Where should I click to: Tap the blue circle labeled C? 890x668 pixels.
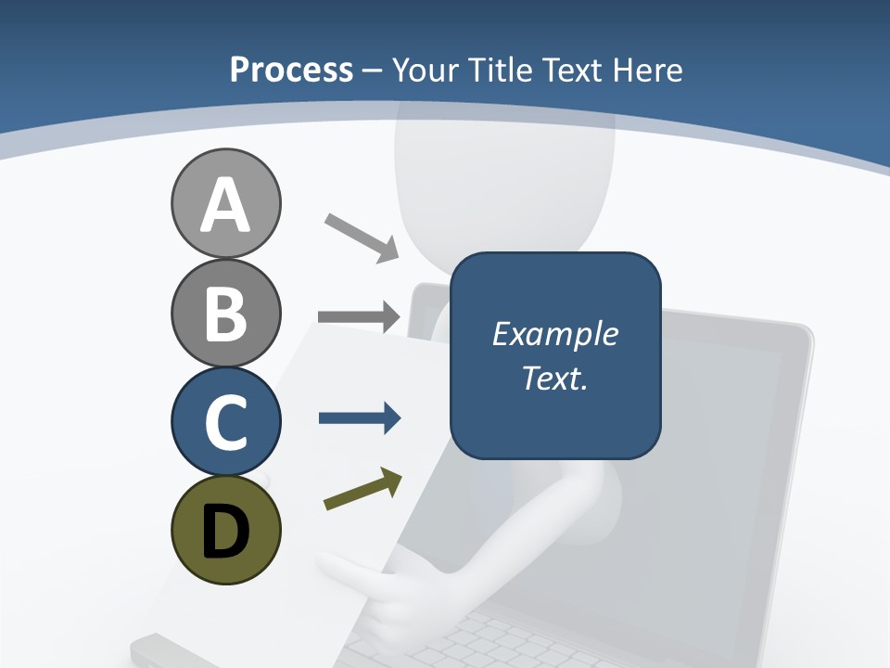[x=225, y=421]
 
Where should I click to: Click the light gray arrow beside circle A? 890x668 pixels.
[x=362, y=237]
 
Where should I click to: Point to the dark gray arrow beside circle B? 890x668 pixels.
[x=360, y=317]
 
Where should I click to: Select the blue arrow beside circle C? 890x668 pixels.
[x=360, y=418]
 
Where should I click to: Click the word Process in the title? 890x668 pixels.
[x=291, y=70]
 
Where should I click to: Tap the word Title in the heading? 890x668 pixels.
[x=499, y=70]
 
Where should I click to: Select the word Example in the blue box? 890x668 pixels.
[x=554, y=334]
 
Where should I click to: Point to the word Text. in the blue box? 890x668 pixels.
[x=554, y=379]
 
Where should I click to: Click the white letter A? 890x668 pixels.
[x=225, y=206]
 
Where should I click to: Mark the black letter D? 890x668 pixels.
[x=225, y=531]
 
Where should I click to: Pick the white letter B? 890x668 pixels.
[x=225, y=314]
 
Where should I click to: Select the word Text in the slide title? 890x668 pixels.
[x=571, y=70]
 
